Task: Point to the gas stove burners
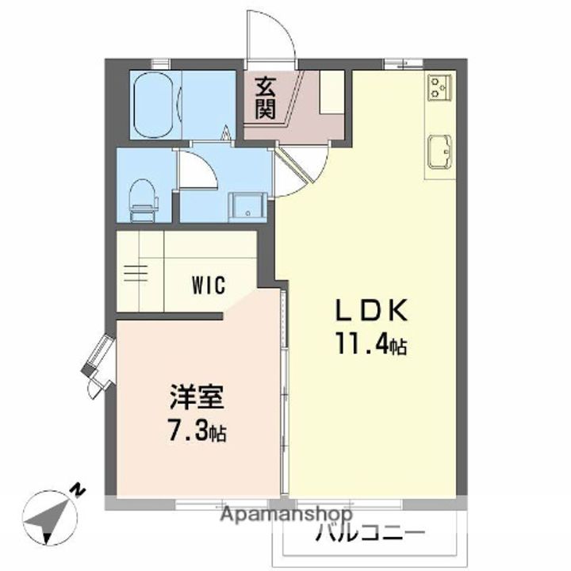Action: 439,86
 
